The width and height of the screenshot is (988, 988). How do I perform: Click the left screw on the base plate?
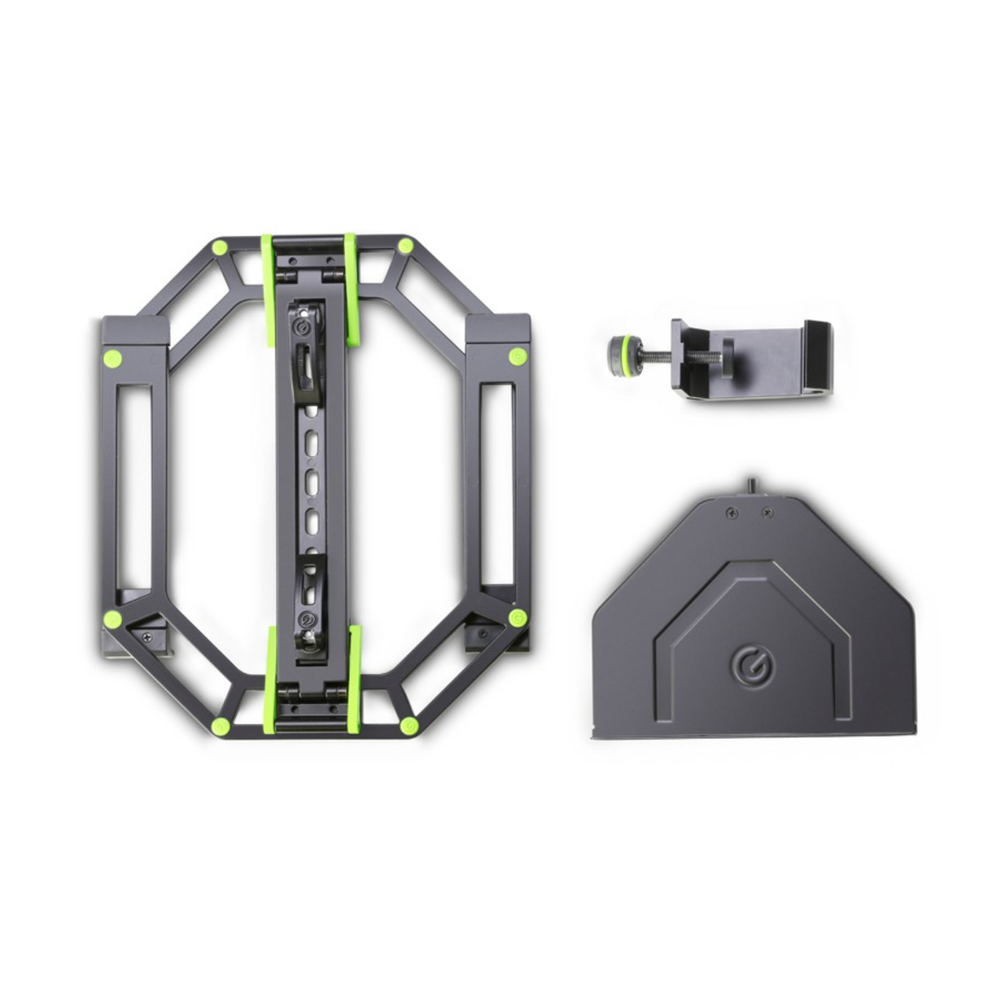(729, 514)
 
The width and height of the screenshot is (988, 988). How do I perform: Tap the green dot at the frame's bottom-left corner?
(218, 726)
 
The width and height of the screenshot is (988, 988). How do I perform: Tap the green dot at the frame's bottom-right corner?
(409, 725)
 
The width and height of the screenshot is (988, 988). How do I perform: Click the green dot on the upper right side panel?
(516, 356)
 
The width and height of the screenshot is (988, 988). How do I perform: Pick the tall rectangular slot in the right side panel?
(496, 485)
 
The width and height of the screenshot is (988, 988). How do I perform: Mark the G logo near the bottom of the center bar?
(307, 625)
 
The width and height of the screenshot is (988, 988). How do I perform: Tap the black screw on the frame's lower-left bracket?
(147, 637)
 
